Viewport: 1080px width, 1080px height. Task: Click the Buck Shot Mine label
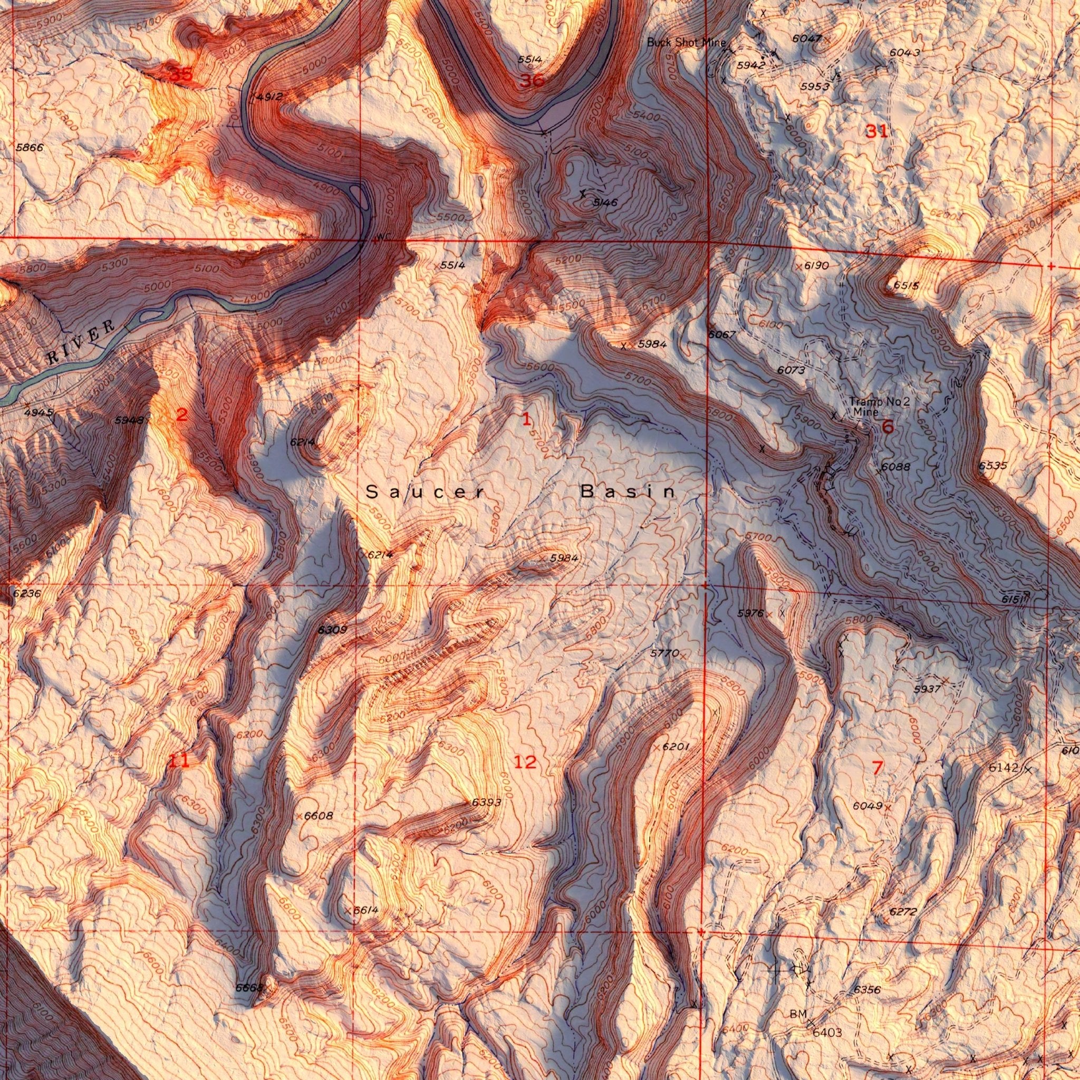[x=686, y=43]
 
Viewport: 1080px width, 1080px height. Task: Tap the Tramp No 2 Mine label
[x=879, y=407]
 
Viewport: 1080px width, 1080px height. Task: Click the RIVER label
[x=82, y=342]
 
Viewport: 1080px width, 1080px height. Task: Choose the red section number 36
[x=531, y=81]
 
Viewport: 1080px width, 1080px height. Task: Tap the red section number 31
[x=876, y=132]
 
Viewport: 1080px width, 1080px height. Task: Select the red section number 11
[x=179, y=760]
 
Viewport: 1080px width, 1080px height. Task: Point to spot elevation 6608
[x=318, y=816]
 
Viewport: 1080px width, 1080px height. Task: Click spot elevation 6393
[x=486, y=802]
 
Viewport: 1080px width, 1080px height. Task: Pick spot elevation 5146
[x=604, y=202]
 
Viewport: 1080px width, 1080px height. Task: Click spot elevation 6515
[x=906, y=286]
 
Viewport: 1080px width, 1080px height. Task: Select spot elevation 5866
[x=30, y=148]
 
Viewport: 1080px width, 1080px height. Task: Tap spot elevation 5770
[x=664, y=653]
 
